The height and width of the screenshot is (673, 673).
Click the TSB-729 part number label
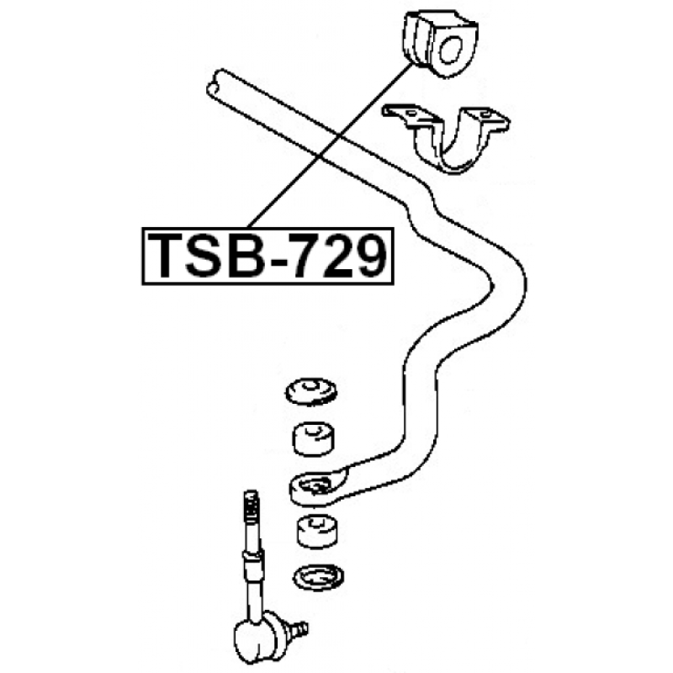[268, 257]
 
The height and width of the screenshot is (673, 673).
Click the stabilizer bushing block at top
[439, 44]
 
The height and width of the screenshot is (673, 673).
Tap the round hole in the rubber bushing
[451, 50]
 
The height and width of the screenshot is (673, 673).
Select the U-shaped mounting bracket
[447, 137]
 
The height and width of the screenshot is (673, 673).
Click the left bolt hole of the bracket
[411, 114]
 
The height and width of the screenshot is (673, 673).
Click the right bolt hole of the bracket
[485, 114]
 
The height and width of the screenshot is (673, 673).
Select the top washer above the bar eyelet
[311, 391]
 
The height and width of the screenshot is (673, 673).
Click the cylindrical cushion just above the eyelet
[314, 439]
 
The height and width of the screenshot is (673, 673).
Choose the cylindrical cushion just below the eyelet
[317, 532]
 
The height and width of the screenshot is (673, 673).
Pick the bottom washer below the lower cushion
[318, 577]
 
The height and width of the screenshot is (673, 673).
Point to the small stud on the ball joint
[299, 628]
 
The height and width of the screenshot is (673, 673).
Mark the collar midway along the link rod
[252, 557]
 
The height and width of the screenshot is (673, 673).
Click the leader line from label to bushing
[330, 146]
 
